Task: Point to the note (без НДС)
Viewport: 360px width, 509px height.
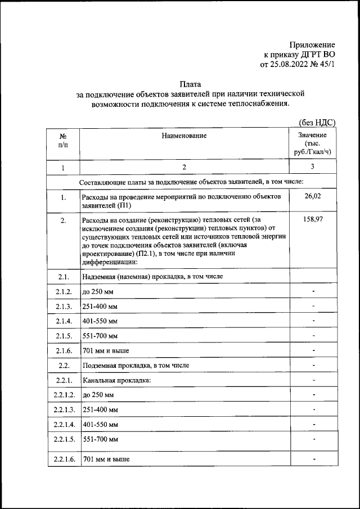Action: (x=316, y=122)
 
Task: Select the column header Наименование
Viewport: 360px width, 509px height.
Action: (x=184, y=136)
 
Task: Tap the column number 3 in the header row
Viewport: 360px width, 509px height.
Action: (x=312, y=167)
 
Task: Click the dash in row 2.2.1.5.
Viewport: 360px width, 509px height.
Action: (x=313, y=438)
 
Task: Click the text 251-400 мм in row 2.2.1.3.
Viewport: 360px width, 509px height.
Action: (x=100, y=408)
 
